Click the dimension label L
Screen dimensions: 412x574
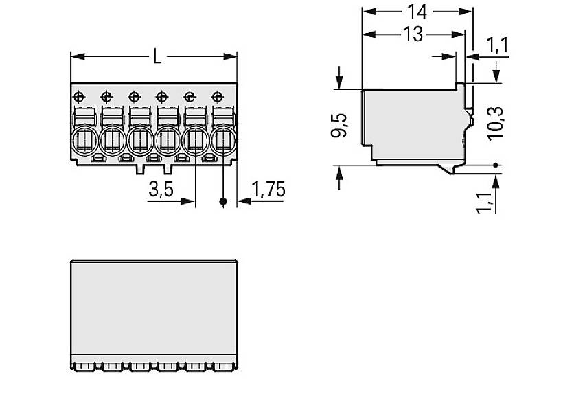click(157, 57)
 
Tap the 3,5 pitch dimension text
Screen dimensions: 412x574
click(161, 190)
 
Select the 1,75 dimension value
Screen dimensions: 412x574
click(268, 190)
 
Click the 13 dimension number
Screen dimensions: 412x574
click(413, 35)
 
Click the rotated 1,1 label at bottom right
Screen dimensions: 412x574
click(484, 202)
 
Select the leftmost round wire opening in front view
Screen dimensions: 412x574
click(84, 141)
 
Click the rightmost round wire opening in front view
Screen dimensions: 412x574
click(223, 141)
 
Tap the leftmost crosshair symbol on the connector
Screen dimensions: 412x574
click(78, 95)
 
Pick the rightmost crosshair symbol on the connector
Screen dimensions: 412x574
click(218, 95)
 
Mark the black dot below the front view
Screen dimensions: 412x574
click(223, 202)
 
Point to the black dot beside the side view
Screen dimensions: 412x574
click(496, 165)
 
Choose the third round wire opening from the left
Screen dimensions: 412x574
click(140, 141)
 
